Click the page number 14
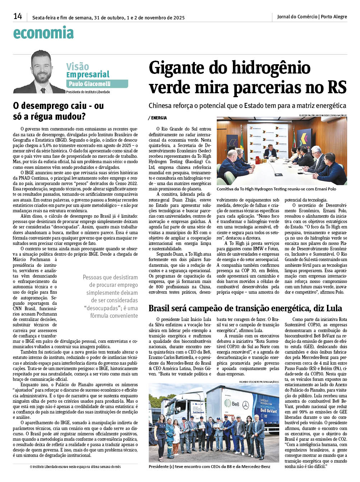(18, 16)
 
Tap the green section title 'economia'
(43, 33)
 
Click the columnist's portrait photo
(39, 72)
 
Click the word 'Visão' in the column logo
(78, 66)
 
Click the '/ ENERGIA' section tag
(157, 118)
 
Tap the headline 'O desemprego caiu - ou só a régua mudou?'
(59, 111)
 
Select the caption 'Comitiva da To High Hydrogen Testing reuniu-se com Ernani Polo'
(276, 189)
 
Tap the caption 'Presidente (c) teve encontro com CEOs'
(209, 466)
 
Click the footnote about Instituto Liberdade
(75, 467)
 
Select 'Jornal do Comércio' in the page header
(297, 16)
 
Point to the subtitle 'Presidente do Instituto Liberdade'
(88, 92)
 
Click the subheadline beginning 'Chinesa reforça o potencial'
(247, 105)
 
